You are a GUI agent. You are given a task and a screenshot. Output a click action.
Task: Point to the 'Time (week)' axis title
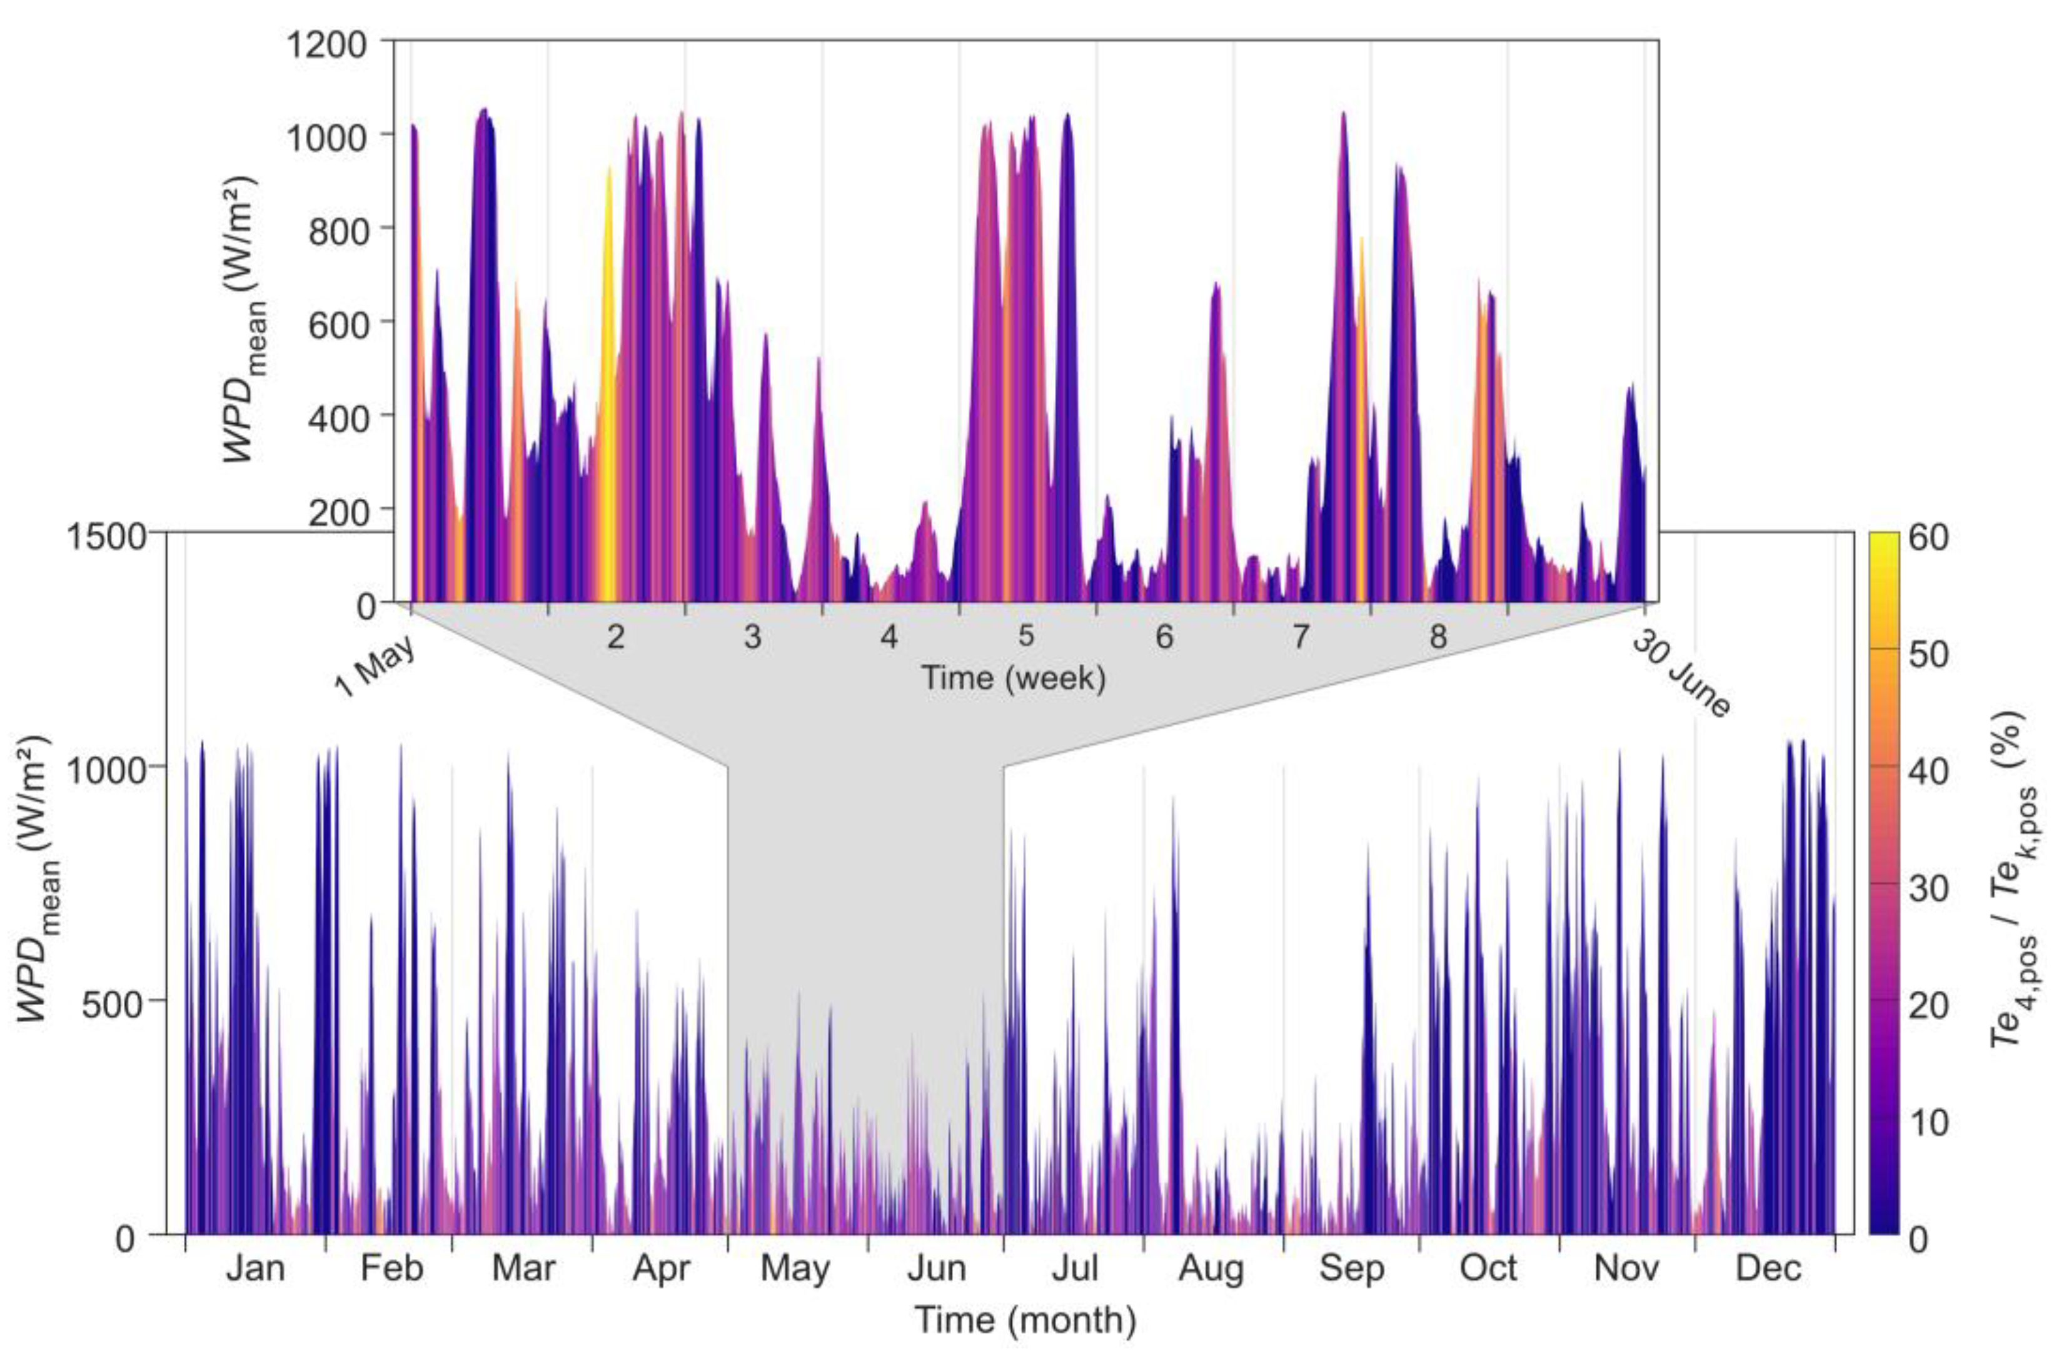tap(1014, 678)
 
